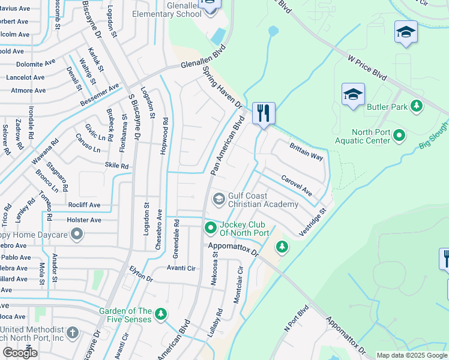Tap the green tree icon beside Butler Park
click(416, 107)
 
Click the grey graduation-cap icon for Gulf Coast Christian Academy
click(219, 199)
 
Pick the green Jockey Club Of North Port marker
click(211, 227)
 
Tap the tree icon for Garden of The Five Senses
click(160, 314)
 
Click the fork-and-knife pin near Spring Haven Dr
click(264, 113)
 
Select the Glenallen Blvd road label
click(203, 60)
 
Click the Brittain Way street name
click(306, 151)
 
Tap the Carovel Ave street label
click(297, 185)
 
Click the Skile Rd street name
click(116, 166)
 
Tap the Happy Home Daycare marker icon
click(76, 235)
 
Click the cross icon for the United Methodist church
click(73, 332)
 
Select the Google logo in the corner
click(20, 353)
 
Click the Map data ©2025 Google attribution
click(411, 355)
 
